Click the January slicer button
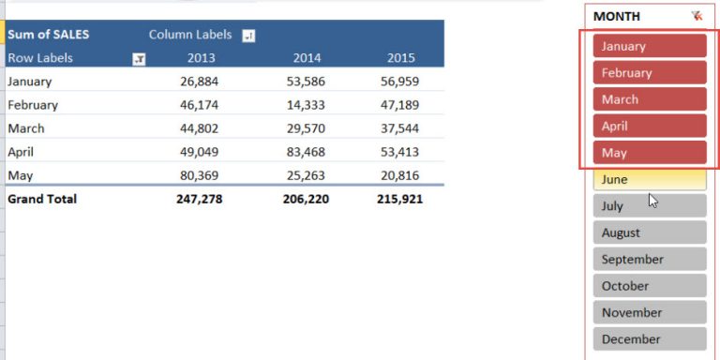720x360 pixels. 649,46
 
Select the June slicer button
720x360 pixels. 649,179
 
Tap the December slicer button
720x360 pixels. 649,339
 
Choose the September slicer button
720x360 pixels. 649,260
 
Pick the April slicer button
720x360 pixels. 649,126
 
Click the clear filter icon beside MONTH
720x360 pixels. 697,16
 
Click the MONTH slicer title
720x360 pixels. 617,16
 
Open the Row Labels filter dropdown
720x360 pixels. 139,58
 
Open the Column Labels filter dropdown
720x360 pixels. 247,36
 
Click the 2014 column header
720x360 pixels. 307,58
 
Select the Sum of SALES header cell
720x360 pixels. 49,35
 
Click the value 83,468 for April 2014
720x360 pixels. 308,152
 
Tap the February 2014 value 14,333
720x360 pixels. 308,105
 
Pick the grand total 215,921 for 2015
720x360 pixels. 398,200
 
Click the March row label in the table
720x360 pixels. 26,128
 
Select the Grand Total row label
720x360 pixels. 42,200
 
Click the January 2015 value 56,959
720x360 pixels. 400,82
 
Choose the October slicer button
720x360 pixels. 649,286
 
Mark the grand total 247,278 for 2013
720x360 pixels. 199,200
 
